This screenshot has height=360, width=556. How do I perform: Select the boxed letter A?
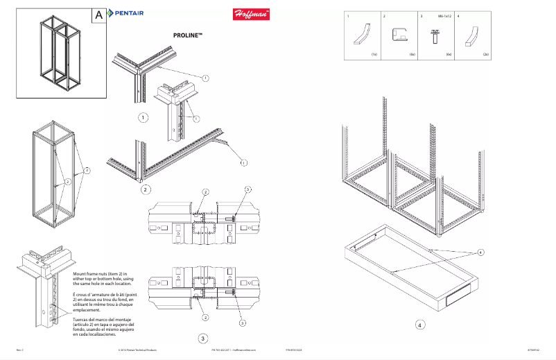[x=99, y=15]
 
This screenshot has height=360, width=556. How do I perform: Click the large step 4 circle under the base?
[x=420, y=323]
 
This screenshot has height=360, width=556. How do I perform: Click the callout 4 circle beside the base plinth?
[x=480, y=252]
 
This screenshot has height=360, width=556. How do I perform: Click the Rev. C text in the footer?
[x=20, y=351]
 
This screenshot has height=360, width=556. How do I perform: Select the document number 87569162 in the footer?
[x=534, y=351]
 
